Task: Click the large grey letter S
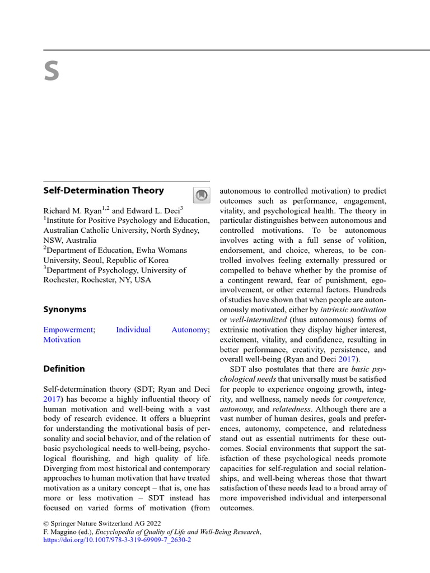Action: (x=52, y=72)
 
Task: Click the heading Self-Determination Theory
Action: (x=104, y=190)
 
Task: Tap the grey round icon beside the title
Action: (x=201, y=195)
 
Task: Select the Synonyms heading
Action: (x=65, y=309)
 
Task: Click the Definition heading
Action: (x=64, y=369)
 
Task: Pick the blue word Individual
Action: (x=133, y=330)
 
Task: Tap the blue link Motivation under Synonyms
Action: (x=62, y=340)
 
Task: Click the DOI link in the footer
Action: (x=117, y=540)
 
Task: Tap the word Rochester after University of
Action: (x=63, y=280)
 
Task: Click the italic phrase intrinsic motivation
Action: (x=353, y=309)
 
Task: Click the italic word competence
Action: (x=365, y=399)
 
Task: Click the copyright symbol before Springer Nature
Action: (x=46, y=524)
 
